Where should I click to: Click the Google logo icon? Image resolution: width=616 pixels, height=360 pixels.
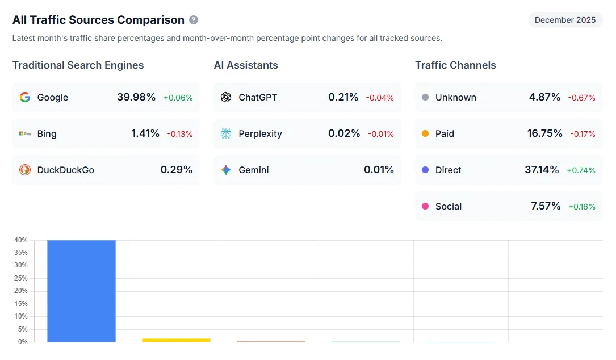pyautogui.click(x=25, y=97)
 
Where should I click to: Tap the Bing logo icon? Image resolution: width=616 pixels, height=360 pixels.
pyautogui.click(x=25, y=133)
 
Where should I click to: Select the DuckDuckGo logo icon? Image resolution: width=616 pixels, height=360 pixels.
pyautogui.click(x=25, y=170)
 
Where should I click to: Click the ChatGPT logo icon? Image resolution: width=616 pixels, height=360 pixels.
pyautogui.click(x=226, y=97)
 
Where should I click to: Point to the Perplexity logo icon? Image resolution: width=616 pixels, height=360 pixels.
pyautogui.click(x=226, y=133)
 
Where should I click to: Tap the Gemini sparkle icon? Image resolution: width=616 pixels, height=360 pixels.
pyautogui.click(x=226, y=170)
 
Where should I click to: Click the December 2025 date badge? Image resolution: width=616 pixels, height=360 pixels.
pyautogui.click(x=565, y=20)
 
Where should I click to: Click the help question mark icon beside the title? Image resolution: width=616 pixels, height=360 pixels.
pyautogui.click(x=194, y=20)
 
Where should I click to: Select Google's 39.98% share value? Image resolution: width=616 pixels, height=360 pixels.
pyautogui.click(x=136, y=97)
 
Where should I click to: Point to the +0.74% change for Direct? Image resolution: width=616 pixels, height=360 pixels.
pyautogui.click(x=581, y=170)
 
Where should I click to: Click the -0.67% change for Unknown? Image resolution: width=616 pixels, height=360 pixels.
pyautogui.click(x=581, y=98)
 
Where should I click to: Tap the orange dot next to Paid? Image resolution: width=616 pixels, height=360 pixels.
pyautogui.click(x=425, y=133)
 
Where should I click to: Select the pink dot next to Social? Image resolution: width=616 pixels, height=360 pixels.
pyautogui.click(x=425, y=206)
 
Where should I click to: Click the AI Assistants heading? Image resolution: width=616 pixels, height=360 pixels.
pyautogui.click(x=246, y=65)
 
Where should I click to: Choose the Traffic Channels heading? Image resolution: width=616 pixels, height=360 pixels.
pyautogui.click(x=455, y=65)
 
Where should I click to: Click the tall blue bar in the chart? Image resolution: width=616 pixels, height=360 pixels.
pyautogui.click(x=81, y=291)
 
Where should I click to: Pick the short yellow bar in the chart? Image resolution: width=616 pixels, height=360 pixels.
pyautogui.click(x=176, y=340)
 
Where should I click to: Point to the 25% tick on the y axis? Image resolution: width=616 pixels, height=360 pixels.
pyautogui.click(x=20, y=278)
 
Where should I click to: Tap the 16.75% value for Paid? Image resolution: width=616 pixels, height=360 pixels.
pyautogui.click(x=544, y=133)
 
